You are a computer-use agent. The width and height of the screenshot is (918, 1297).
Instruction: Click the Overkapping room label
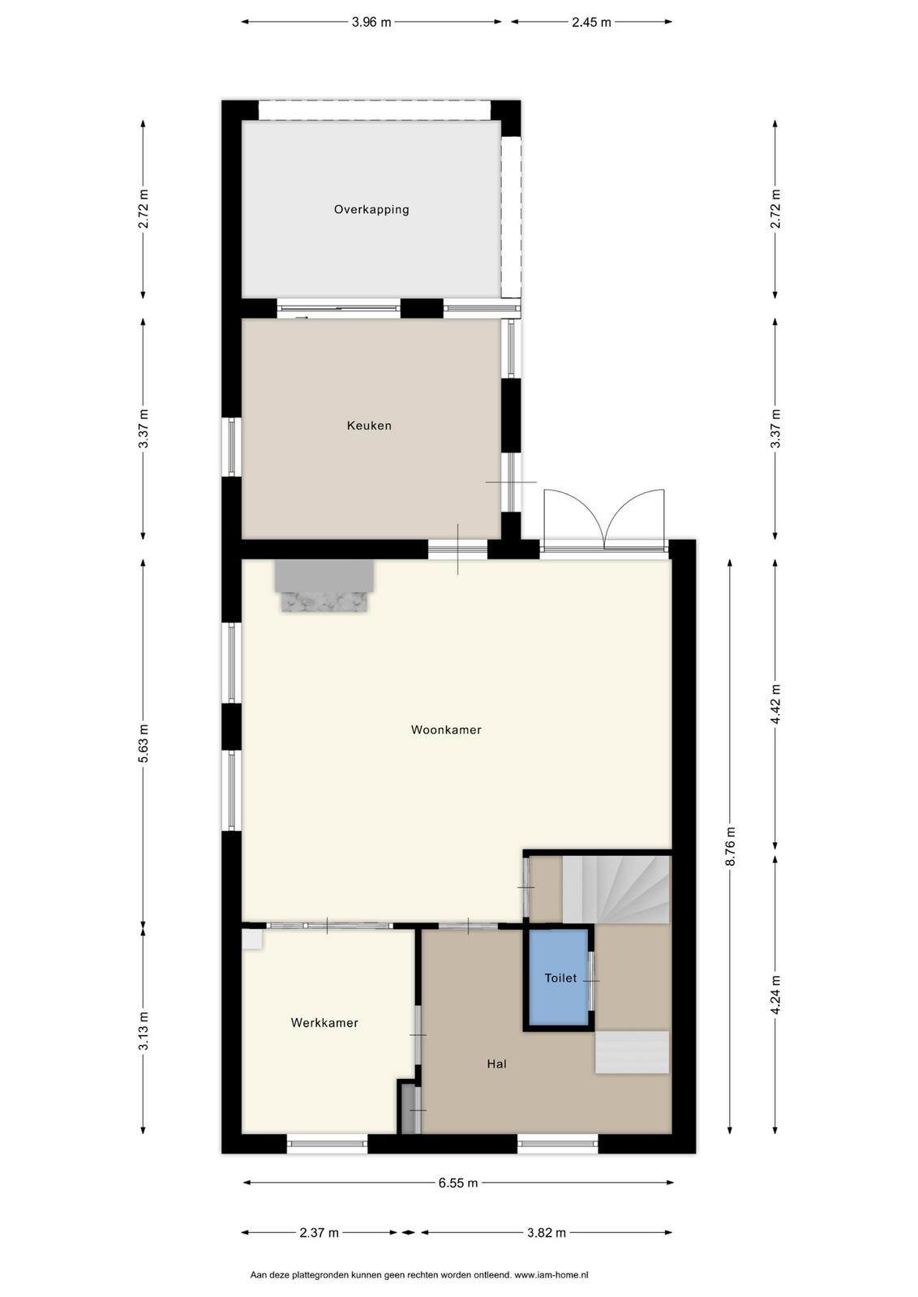click(371, 209)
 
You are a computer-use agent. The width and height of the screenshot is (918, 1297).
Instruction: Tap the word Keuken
click(369, 425)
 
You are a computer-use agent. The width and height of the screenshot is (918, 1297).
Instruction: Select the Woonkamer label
click(446, 730)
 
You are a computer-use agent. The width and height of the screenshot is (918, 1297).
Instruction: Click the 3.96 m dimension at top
click(371, 22)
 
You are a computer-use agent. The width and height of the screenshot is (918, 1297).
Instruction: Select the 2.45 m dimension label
click(591, 22)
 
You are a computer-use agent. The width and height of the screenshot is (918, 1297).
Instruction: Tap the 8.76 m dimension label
click(730, 846)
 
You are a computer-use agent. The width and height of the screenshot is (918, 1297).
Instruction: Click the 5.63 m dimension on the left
click(143, 743)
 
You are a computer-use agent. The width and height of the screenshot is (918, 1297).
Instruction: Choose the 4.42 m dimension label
click(776, 704)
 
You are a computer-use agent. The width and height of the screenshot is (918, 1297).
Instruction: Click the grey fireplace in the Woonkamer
click(324, 585)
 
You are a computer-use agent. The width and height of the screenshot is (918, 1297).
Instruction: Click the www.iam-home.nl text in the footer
click(551, 1274)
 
